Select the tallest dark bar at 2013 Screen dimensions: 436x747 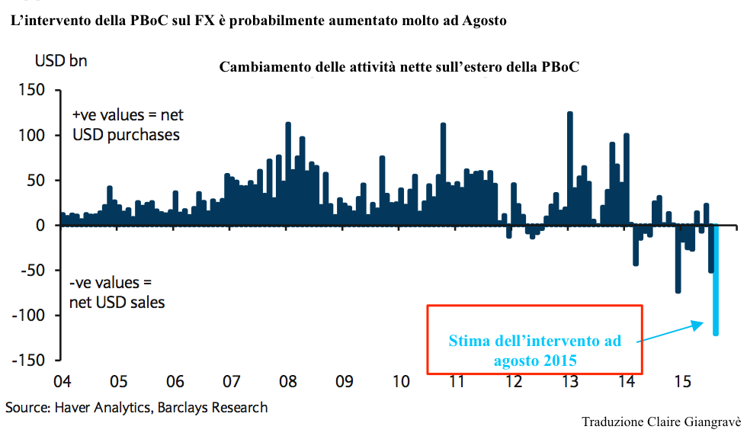569,168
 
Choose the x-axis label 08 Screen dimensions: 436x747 287,382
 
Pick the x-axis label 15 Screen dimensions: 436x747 684,382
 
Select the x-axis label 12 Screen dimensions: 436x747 514,382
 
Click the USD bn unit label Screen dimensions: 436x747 61,61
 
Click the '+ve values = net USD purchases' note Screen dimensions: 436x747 127,124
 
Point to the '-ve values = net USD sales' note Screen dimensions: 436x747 117,293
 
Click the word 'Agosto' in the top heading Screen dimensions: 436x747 484,21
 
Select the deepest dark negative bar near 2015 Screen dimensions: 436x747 678,259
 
